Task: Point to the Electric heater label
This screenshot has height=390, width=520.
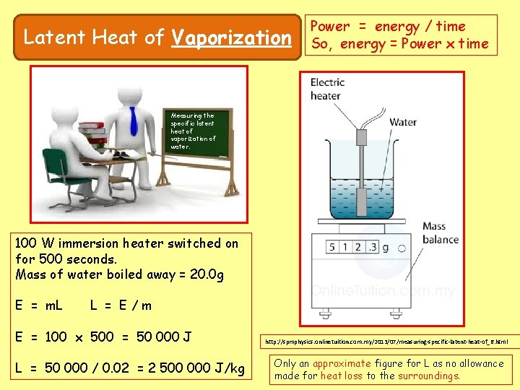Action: point(326,89)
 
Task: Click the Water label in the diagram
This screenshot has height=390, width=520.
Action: point(402,122)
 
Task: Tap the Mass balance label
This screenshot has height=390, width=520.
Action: point(440,233)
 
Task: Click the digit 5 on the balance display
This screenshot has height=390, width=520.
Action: point(333,248)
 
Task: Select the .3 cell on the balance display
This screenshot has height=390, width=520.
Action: point(371,248)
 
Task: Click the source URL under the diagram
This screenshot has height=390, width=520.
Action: point(386,341)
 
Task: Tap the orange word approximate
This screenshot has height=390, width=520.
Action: point(342,363)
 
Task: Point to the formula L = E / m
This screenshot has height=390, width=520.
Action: point(121,305)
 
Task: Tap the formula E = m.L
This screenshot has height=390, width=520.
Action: point(38,305)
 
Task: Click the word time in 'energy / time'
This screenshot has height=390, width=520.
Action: point(451,27)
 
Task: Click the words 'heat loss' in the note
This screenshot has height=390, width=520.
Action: point(342,376)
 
